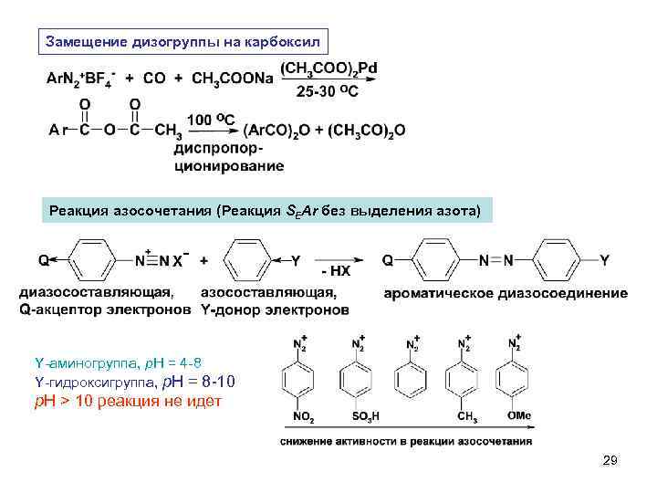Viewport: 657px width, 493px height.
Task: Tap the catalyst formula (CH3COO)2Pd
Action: coord(329,68)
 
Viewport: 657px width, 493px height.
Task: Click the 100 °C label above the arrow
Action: coord(211,120)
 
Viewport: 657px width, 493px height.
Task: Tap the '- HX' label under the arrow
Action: coord(336,272)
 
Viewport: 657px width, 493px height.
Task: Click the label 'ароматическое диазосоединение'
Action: coord(506,293)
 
